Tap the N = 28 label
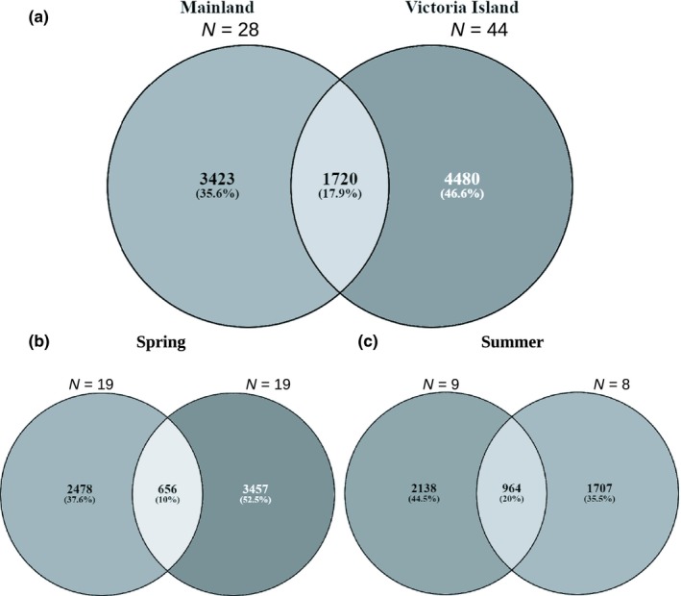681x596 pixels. click(x=228, y=31)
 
